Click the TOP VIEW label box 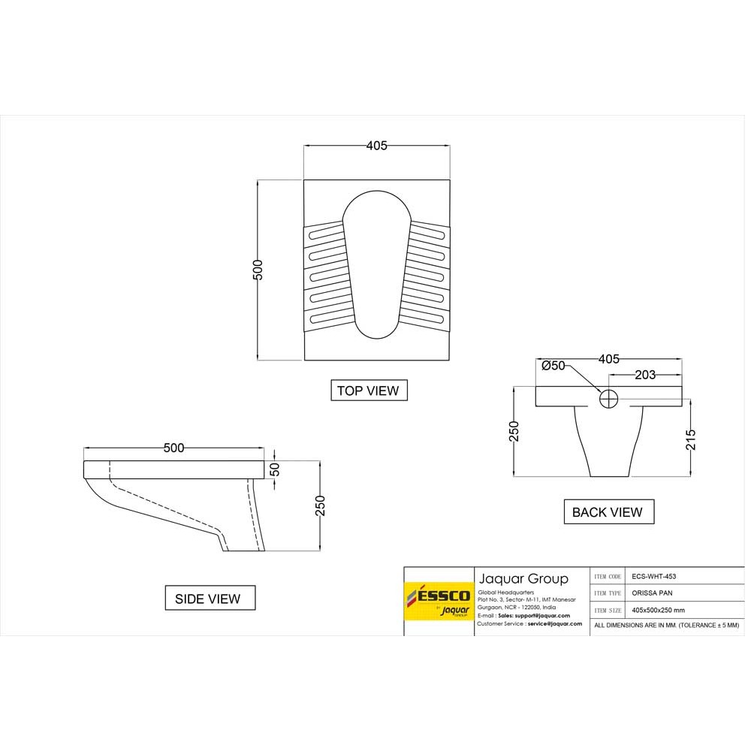click(x=369, y=391)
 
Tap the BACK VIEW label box click(x=608, y=512)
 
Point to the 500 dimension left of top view click(x=258, y=270)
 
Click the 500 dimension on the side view click(x=173, y=448)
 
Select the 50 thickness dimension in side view click(x=275, y=469)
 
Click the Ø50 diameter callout click(x=553, y=366)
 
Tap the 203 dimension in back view click(x=645, y=374)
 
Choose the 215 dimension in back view click(x=691, y=439)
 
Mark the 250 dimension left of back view click(x=514, y=431)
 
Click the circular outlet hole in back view click(x=608, y=398)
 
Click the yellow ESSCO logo click(x=439, y=601)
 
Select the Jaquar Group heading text click(x=523, y=578)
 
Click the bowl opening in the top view click(x=376, y=263)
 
